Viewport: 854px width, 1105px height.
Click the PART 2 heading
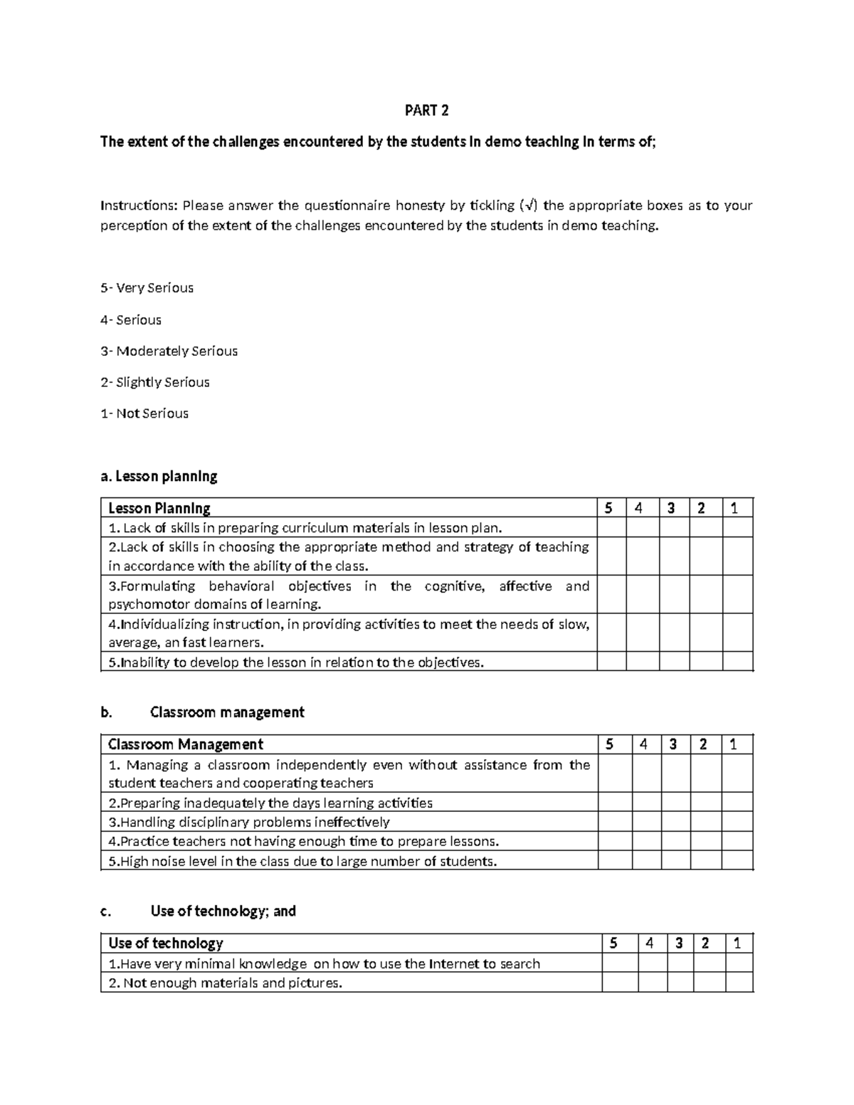(x=426, y=110)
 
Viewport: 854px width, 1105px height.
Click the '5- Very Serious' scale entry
(x=147, y=288)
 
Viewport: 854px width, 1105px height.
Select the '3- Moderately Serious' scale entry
(x=169, y=351)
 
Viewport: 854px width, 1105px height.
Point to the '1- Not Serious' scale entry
(x=144, y=413)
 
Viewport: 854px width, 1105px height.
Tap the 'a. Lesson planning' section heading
(x=159, y=476)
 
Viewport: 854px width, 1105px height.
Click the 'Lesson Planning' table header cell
(x=159, y=508)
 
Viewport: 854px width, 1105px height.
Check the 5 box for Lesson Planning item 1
(x=611, y=528)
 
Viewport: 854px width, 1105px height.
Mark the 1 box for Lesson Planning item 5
(x=737, y=662)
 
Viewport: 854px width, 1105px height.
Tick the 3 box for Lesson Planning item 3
(x=674, y=595)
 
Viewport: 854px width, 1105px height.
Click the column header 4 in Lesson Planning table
(x=642, y=508)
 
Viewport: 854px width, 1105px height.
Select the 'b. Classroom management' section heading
(x=203, y=712)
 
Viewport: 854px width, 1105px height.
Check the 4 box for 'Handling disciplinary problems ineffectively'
(x=645, y=822)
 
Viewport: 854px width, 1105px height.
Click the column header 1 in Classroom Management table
(x=737, y=744)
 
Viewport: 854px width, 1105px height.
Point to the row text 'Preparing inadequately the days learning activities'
(x=270, y=803)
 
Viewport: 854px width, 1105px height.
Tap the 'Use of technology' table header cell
(x=166, y=943)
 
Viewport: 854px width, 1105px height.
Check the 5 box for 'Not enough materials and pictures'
(x=620, y=983)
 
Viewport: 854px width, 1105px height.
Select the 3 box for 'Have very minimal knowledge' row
(x=680, y=963)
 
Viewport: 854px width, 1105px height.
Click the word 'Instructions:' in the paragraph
(x=138, y=206)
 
